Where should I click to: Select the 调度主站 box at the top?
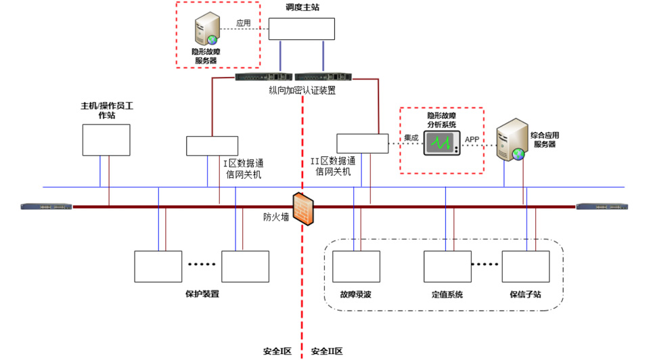[302, 29]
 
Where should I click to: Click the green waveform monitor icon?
[442, 143]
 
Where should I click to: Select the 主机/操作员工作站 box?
[106, 140]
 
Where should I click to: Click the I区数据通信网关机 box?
[212, 145]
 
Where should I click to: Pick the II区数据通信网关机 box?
[363, 143]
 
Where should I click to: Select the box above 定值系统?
[447, 266]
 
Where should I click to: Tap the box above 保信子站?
[526, 266]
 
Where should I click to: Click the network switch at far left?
[45, 206]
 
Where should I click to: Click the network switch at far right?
[602, 206]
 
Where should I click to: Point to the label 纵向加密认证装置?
[302, 90]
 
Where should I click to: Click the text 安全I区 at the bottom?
[277, 351]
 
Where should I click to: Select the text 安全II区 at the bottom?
[327, 351]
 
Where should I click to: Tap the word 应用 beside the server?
[243, 23]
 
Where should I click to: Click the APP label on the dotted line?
[472, 139]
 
